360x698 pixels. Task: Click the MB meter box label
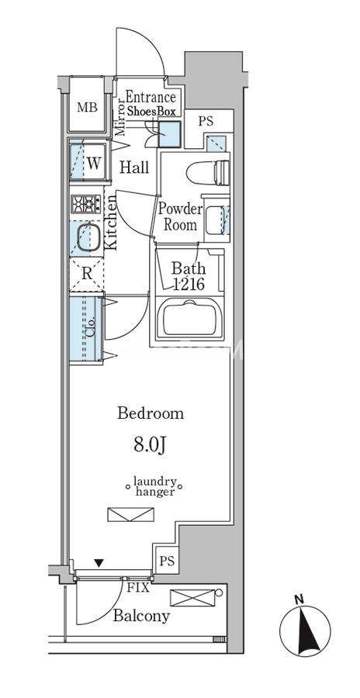coord(88,107)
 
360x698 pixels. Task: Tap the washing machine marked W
coord(88,161)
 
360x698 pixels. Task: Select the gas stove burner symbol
coord(86,204)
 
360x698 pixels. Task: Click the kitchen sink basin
coord(88,238)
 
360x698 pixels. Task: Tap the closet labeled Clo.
coord(86,329)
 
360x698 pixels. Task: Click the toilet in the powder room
coord(208,172)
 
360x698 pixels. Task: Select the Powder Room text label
coord(181,217)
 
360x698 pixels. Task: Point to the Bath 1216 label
coord(189,276)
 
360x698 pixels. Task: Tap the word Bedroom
coord(151,413)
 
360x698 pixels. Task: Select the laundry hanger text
coord(154,486)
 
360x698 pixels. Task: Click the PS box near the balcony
coord(167,561)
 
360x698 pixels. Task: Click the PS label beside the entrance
coord(206,121)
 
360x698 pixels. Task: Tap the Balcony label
coord(141,616)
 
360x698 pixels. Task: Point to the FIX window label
coord(138,588)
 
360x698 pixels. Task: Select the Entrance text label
coord(151,97)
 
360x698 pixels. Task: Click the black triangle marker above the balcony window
coord(99,563)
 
